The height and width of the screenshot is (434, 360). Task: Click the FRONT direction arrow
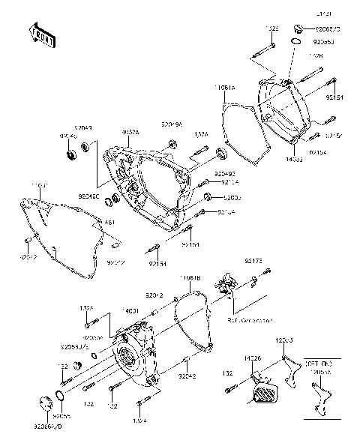point(42,35)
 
